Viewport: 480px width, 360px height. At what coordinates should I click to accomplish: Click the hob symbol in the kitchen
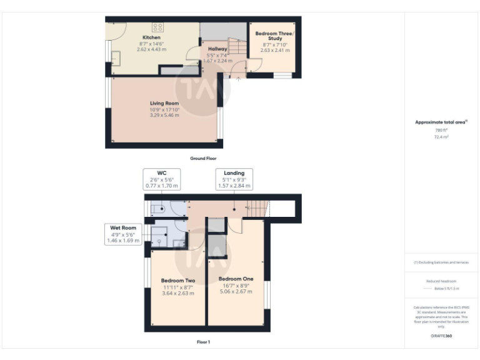[158, 27]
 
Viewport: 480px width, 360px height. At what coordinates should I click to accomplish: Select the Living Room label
[164, 103]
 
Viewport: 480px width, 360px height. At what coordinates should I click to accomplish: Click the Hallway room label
[217, 49]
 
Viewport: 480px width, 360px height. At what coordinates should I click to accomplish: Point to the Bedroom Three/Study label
[274, 35]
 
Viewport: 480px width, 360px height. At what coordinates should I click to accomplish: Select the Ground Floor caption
[203, 159]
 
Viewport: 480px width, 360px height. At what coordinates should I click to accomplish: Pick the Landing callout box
[234, 179]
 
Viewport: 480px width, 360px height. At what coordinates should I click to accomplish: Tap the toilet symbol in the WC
[157, 209]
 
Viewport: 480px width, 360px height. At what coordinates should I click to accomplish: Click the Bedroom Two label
[178, 281]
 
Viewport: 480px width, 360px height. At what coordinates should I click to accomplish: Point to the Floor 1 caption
[203, 342]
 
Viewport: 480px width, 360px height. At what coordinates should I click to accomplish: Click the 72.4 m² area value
[442, 136]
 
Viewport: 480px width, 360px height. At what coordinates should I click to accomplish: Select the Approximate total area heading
[441, 122]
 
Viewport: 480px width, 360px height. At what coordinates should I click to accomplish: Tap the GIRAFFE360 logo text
[441, 336]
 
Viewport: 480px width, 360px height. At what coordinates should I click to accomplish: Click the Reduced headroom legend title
[441, 281]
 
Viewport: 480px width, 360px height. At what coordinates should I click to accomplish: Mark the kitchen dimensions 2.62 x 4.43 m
[151, 49]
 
